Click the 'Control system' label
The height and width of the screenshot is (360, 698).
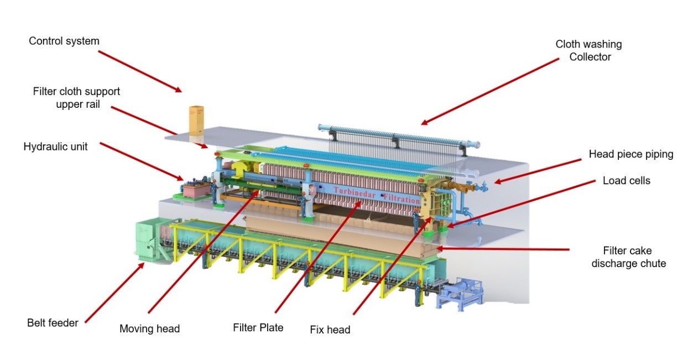[64, 41]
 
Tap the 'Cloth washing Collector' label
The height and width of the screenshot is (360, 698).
[588, 50]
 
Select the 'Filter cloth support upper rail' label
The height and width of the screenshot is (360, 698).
[76, 97]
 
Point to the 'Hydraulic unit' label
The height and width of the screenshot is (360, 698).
[55, 147]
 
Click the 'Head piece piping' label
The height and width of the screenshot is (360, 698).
[631, 154]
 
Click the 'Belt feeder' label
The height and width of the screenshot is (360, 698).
[53, 322]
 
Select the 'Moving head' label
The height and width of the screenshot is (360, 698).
[149, 328]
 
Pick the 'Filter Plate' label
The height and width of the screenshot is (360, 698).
[258, 327]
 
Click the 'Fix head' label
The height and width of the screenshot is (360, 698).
[330, 330]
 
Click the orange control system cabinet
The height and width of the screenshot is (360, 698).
[195, 120]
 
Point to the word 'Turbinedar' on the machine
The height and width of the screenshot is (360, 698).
[355, 190]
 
